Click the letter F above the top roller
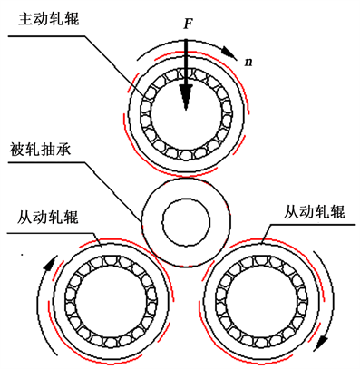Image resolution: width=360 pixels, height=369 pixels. point(188,24)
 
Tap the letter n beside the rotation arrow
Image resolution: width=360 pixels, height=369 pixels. point(248,63)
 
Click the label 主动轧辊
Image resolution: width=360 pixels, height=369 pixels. point(49,18)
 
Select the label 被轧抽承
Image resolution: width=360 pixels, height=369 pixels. point(41,149)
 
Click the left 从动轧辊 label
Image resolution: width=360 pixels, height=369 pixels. point(47,217)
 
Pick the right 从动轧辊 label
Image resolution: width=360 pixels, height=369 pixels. point(315,212)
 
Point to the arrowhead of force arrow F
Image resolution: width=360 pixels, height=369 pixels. point(186,97)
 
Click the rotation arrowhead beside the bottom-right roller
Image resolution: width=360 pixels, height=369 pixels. point(322,343)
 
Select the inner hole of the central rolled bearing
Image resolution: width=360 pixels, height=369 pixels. point(186,223)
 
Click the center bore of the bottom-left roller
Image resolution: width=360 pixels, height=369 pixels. point(112,302)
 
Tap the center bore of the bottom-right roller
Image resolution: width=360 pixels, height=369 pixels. point(261,302)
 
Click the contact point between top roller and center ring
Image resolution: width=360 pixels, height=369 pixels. point(186,177)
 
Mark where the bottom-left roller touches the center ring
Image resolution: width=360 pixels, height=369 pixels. point(157,257)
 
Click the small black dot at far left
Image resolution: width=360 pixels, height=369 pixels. point(22,256)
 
